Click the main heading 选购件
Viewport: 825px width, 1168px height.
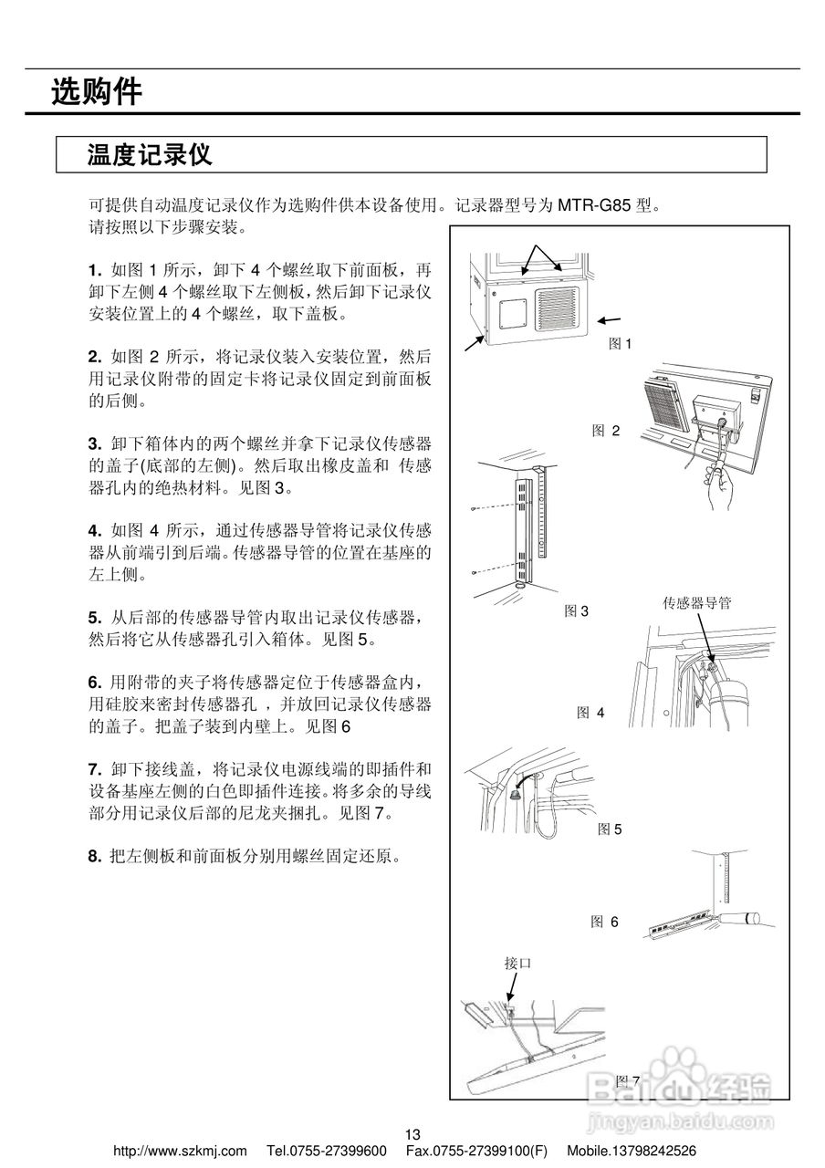point(97,92)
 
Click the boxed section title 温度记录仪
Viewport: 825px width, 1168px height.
point(150,154)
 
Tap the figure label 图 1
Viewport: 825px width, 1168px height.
point(621,344)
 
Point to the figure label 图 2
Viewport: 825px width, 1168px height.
point(606,431)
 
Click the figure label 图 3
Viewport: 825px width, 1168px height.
point(576,610)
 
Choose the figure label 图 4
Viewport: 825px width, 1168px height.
point(590,713)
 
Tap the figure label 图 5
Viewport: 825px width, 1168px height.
point(610,829)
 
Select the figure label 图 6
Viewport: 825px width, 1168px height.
point(604,922)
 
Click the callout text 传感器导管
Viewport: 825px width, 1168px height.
point(696,602)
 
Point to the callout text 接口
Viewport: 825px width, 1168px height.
point(517,963)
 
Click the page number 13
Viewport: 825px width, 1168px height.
point(412,1134)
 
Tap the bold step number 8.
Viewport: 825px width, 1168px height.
point(94,857)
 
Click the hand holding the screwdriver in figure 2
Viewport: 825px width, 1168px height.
point(724,493)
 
